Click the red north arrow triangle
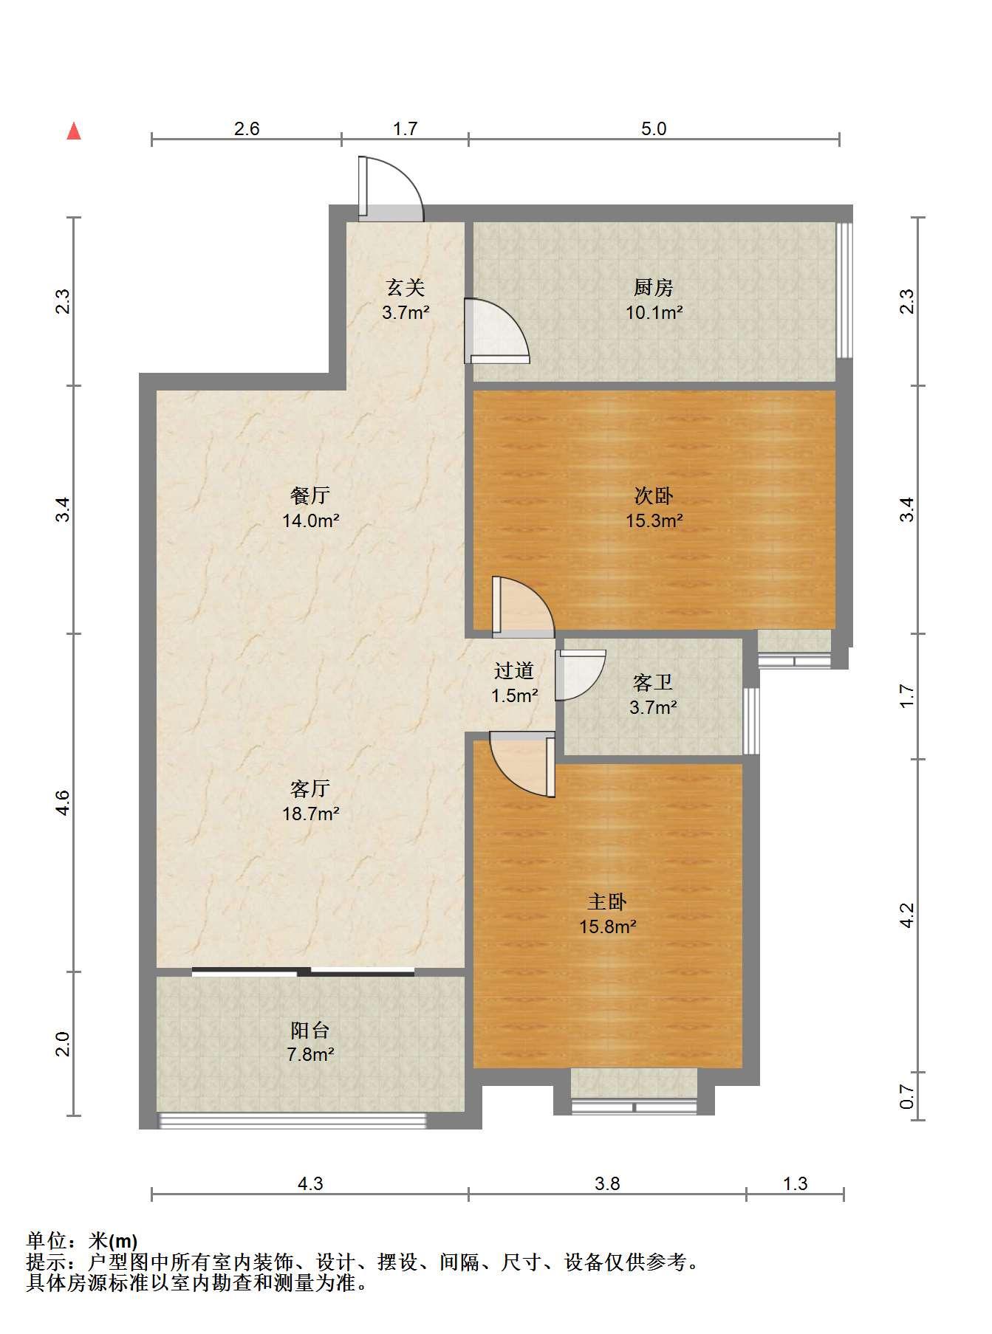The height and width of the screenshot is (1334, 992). [x=74, y=131]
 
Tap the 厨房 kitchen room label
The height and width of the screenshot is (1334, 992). [x=654, y=286]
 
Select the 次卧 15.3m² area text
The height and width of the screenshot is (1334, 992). [x=654, y=520]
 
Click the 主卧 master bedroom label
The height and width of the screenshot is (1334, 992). [x=607, y=901]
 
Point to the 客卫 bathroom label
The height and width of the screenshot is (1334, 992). [x=654, y=682]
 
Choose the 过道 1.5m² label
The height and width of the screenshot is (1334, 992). [x=514, y=683]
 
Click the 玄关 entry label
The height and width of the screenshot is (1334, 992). [x=406, y=286]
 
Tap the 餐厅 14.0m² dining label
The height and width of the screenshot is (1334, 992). [x=310, y=508]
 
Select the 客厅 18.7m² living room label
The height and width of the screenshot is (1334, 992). [x=310, y=802]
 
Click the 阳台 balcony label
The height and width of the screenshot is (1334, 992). [x=310, y=1030]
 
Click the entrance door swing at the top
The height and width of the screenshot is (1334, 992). [x=391, y=188]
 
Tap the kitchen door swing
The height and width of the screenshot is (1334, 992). [x=496, y=331]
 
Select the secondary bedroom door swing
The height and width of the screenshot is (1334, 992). [x=523, y=607]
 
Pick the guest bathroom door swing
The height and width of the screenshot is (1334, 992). [x=580, y=675]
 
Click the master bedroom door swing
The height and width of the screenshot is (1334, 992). [x=522, y=764]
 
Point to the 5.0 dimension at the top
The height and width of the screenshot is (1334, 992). [x=654, y=128]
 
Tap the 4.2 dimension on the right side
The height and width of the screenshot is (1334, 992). [x=907, y=915]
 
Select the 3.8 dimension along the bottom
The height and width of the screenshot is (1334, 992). [x=607, y=1183]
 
